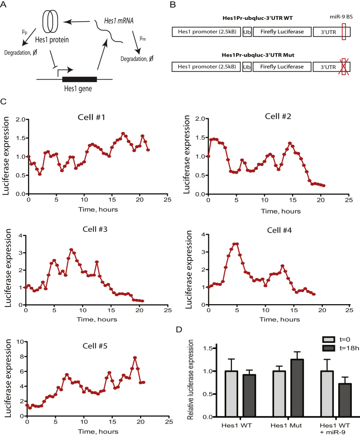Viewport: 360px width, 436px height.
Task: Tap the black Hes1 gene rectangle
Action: coord(80,79)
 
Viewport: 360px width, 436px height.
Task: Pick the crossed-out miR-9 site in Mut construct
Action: coord(344,67)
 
